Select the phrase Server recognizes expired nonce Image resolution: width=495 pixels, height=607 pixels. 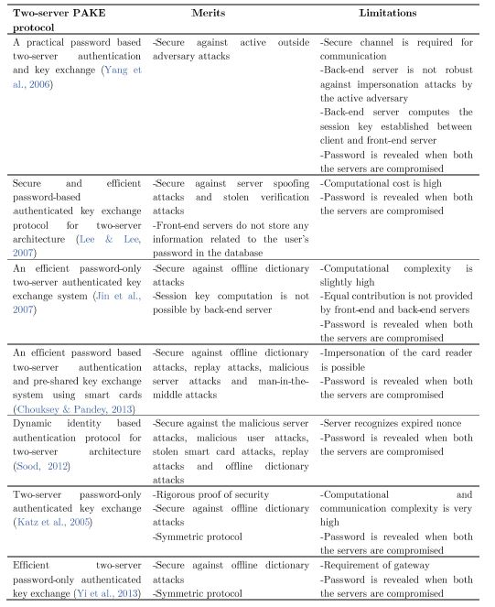click(396, 424)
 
